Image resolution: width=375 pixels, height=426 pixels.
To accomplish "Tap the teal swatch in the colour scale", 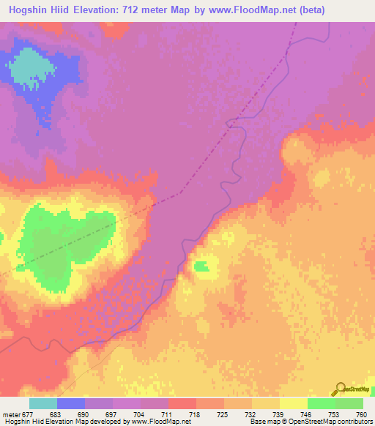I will point(42,404).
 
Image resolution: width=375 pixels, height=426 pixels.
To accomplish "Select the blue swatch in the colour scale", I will point(71,404).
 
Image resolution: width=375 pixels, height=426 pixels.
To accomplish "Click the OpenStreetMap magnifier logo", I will point(340,388).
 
